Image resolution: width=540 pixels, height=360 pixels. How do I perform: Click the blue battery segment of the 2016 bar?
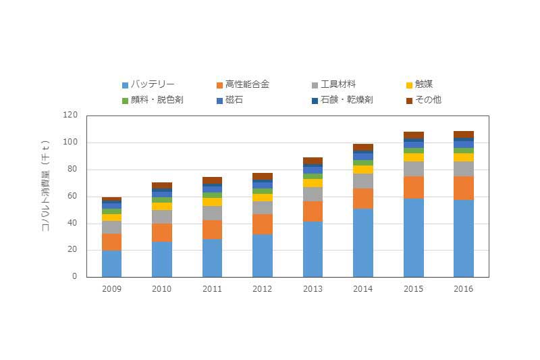tap(463, 238)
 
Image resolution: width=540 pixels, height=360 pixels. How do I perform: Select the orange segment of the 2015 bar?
tap(413, 187)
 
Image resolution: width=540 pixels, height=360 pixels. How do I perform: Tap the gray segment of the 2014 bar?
tap(363, 180)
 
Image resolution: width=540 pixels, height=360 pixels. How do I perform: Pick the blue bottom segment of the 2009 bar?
tap(111, 263)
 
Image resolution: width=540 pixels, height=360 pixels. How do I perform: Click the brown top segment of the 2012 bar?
tap(263, 176)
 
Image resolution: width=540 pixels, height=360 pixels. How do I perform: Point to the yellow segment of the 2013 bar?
tap(313, 182)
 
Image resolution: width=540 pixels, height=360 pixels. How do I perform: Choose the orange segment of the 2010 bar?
tap(162, 232)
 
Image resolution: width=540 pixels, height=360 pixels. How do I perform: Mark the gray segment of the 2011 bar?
tap(212, 213)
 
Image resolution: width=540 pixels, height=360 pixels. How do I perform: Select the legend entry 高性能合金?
tap(247, 84)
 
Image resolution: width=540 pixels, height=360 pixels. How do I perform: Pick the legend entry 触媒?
tap(424, 84)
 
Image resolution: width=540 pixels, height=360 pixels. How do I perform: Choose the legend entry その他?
tap(428, 100)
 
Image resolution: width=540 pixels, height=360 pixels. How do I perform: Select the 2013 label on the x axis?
tap(313, 288)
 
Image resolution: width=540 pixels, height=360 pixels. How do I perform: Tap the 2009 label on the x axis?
tap(111, 288)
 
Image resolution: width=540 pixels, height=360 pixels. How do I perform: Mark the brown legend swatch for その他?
tap(409, 101)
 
